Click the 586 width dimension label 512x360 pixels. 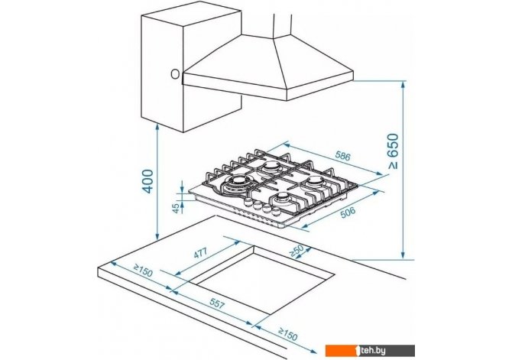342,156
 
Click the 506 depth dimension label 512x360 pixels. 348,212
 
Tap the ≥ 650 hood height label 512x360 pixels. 394,151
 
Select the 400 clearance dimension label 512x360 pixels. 148,181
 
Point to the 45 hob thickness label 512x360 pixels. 177,208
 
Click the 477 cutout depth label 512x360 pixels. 200,252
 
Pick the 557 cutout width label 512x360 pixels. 217,303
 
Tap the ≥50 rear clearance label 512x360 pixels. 297,250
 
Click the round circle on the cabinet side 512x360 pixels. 175,74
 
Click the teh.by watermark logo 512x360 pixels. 370,351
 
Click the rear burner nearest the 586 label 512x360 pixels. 271,167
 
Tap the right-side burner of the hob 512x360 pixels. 316,182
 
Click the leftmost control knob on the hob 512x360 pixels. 248,202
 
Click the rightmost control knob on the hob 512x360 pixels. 276,211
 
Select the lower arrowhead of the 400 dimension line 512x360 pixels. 157,236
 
